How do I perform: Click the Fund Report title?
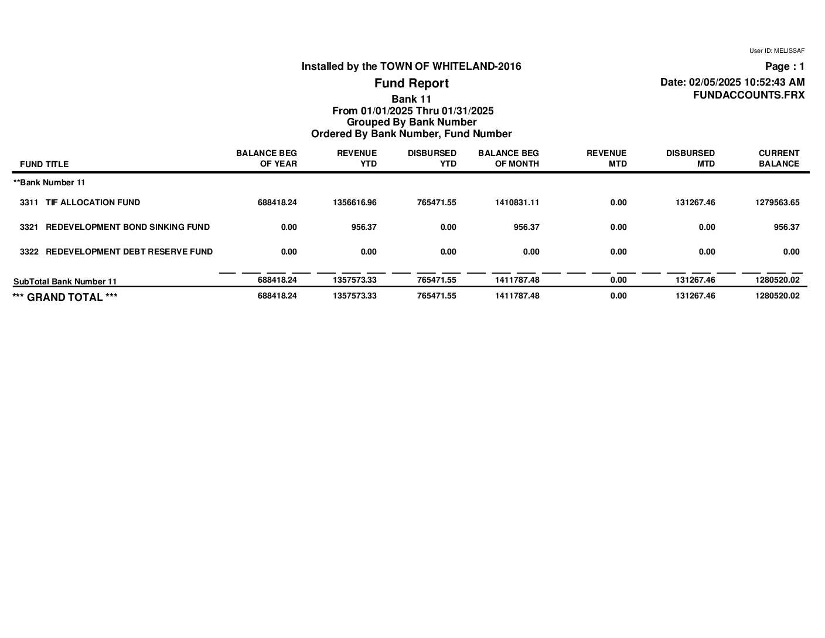pos(411,83)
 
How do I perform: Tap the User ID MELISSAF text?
pos(776,51)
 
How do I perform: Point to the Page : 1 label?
pos(785,66)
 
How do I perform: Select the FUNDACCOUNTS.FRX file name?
pos(748,95)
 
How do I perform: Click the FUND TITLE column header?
pos(44,164)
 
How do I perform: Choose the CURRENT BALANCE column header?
pos(779,158)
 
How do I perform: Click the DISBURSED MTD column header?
pos(690,158)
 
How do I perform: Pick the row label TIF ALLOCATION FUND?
pos(93,202)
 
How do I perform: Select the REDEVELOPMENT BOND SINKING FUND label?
pos(127,227)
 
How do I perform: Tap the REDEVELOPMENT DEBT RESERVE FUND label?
pos(129,252)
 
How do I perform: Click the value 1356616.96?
pos(354,202)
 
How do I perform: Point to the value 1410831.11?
pos(517,202)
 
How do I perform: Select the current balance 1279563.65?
pos(777,202)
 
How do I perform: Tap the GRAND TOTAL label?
pos(65,297)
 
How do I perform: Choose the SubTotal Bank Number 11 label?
pos(65,281)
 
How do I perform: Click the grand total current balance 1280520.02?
pos(777,296)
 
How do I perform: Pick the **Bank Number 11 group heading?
pos(49,182)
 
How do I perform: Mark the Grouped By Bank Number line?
pos(411,122)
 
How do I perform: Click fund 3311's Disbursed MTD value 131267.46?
pos(695,202)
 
